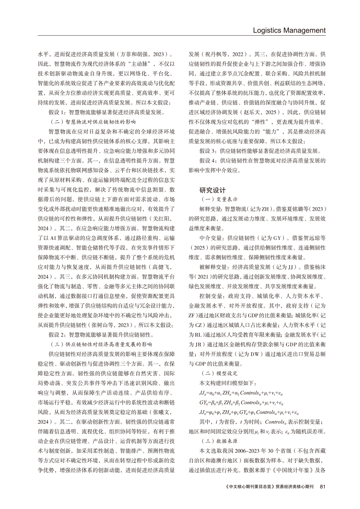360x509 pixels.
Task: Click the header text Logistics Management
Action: [289, 30]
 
